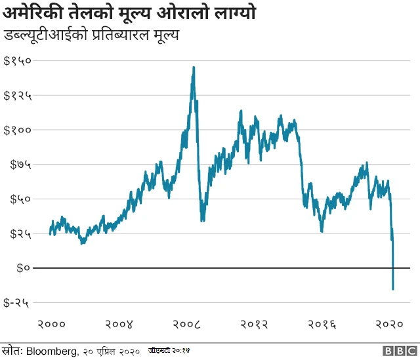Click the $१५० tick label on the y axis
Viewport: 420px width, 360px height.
pos(18,61)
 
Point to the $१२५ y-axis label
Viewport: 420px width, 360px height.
pos(18,96)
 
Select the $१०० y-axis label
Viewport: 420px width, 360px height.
pos(18,130)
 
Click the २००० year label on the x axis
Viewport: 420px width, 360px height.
pos(51,324)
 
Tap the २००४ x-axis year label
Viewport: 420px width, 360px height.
pos(119,324)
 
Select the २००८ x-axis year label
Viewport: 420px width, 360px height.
pos(187,324)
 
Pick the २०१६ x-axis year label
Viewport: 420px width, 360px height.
pos(323,324)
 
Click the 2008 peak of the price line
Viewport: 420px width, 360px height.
pos(193,67)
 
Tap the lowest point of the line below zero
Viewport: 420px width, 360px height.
pos(393,289)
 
